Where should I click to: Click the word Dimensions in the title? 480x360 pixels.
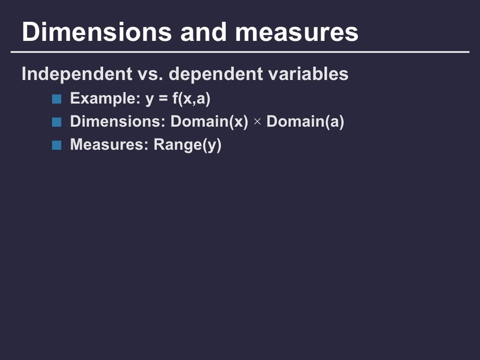point(97,32)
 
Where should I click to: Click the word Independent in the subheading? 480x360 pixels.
point(77,74)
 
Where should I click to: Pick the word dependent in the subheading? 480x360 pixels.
point(216,74)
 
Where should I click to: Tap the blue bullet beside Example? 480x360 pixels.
point(57,99)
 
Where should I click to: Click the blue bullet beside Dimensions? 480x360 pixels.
point(57,122)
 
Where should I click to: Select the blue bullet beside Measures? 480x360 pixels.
point(57,145)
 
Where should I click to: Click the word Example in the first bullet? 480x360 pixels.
point(103,98)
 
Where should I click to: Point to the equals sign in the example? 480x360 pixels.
point(163,99)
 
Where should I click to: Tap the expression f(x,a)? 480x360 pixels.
point(191,98)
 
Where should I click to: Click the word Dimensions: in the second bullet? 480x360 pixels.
point(118,121)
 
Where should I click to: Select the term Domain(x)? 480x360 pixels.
point(209,121)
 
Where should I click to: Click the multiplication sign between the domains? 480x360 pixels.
point(257,122)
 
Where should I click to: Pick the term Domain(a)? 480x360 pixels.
point(305,121)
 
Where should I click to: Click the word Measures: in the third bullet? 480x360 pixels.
point(109,144)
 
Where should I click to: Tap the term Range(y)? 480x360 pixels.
point(187,144)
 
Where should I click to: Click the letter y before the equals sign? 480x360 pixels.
point(149,99)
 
